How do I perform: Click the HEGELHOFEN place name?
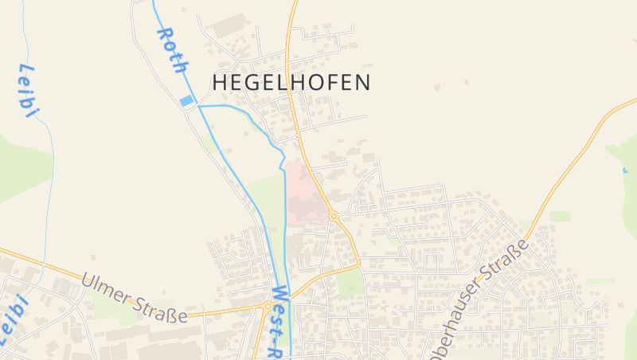click(291, 82)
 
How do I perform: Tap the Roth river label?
click(172, 50)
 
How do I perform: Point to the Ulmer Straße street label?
click(135, 298)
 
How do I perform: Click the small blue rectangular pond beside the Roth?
click(187, 101)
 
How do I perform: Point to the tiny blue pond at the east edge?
click(624, 170)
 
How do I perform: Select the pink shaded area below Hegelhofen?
click(305, 194)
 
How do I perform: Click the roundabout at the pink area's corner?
click(334, 216)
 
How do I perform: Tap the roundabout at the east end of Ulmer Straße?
click(267, 305)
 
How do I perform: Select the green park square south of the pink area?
click(350, 281)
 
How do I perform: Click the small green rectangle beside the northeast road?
click(561, 217)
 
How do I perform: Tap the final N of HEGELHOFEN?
click(362, 82)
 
